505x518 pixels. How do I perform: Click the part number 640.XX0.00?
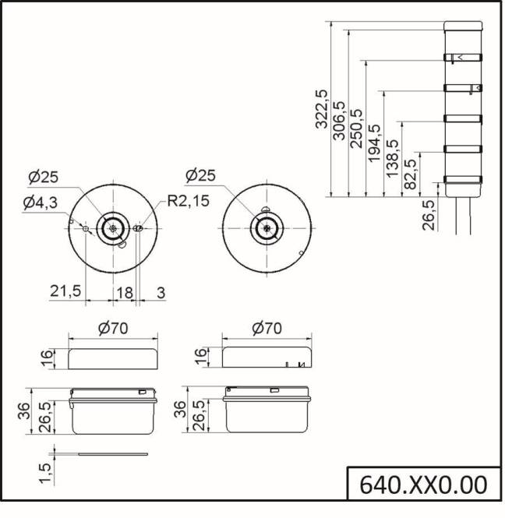pos(423,485)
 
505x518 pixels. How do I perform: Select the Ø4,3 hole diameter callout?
pos(39,203)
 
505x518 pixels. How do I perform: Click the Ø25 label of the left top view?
pos(43,177)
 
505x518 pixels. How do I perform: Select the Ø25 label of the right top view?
pos(203,174)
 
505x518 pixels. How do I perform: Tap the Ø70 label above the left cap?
pos(113,328)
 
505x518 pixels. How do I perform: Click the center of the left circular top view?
pos(114,229)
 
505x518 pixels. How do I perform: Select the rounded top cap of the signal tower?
pos(463,28)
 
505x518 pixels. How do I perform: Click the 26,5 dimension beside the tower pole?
pos(428,214)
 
